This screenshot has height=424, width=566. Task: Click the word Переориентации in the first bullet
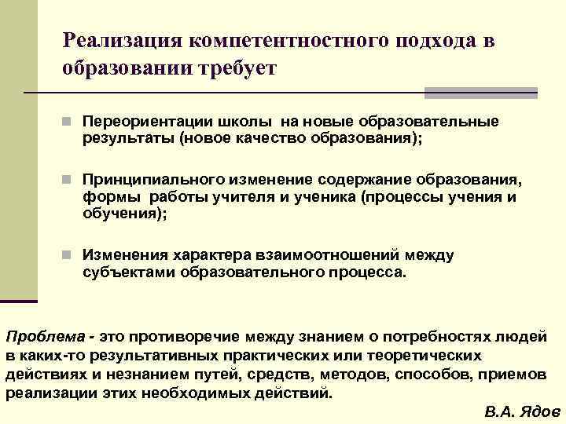[138, 123]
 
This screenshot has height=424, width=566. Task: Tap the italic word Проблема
[46, 337]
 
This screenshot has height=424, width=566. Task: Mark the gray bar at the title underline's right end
[480, 93]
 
